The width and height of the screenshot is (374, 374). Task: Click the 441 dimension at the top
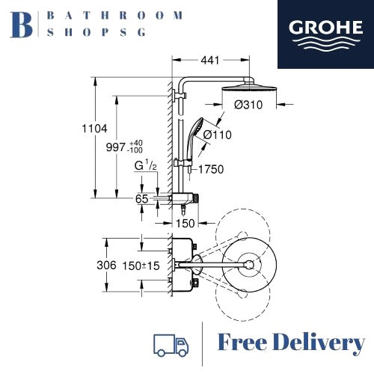pos(210,61)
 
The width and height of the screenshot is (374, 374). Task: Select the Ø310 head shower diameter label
pos(248,105)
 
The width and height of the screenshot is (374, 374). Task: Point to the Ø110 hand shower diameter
pos(217,135)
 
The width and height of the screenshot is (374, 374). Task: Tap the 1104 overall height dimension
pos(94,129)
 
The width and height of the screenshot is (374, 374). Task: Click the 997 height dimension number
pos(116,147)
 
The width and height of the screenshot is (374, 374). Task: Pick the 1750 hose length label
pos(211,169)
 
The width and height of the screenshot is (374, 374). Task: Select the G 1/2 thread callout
pos(146,166)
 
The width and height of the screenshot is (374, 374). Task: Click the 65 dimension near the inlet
pos(141,199)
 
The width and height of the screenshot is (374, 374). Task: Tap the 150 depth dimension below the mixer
pos(186,223)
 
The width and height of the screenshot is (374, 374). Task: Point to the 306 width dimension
pos(106,266)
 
